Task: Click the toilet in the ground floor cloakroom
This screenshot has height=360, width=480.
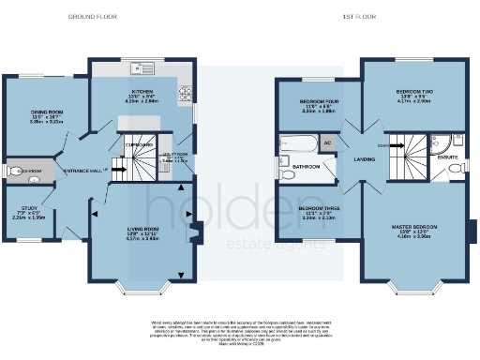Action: [x=11, y=172]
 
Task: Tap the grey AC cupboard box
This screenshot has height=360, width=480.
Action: [x=326, y=143]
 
